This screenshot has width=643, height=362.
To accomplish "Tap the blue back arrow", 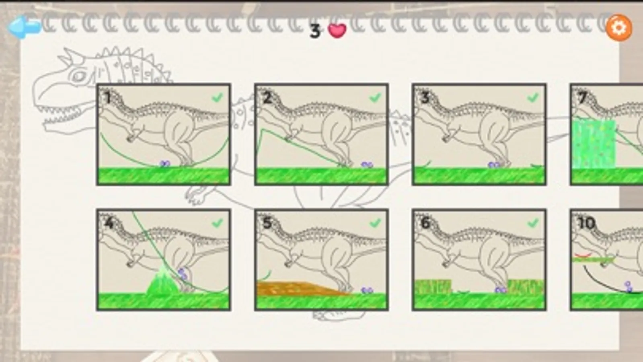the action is pos(25,27).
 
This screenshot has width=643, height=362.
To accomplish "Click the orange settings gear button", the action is pos(619,28).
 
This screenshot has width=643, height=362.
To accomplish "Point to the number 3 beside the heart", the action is pos(314,31).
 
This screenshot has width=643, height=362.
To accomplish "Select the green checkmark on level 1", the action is pos(217,98).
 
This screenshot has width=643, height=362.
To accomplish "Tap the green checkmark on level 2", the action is pos(375,98).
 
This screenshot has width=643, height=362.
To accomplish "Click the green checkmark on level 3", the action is pos(533,98).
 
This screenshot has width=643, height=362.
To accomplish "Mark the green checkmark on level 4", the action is pos(217,223).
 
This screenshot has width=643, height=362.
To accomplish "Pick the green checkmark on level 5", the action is pos(375,223).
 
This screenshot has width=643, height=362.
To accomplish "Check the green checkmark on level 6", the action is pos(533,223).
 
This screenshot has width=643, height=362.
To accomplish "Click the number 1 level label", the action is pos(108,98).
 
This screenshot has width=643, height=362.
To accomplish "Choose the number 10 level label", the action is pos(586,223).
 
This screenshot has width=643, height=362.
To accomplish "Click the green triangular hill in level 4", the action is pos(163,281).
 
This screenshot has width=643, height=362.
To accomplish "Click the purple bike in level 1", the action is pos(165,164).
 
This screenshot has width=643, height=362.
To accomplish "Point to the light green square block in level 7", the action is pos(594,144).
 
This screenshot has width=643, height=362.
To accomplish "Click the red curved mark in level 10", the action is pos(583,255).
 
